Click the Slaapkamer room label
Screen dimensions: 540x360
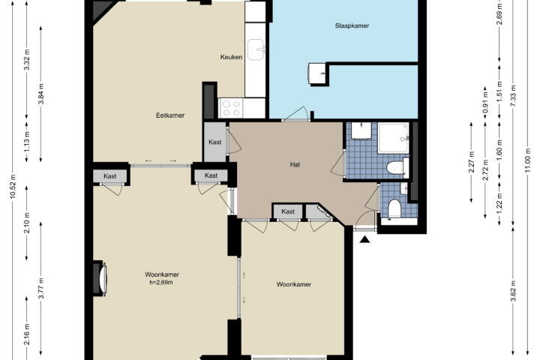click(x=352, y=25)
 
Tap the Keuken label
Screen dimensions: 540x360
click(x=231, y=57)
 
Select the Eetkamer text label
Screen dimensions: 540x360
click(x=170, y=115)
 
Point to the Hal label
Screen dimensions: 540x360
click(x=295, y=165)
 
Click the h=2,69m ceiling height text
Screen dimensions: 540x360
click(x=160, y=283)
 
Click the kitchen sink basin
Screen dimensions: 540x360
click(x=256, y=50)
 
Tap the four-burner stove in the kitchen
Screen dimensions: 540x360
click(x=232, y=108)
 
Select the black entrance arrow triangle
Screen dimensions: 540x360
click(x=364, y=239)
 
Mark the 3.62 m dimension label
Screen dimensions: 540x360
click(x=514, y=291)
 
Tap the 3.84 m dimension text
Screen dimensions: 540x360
click(x=41, y=94)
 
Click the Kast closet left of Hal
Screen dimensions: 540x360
click(x=215, y=142)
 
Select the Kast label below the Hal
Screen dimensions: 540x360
click(x=288, y=211)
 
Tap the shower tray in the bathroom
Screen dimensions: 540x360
click(x=393, y=138)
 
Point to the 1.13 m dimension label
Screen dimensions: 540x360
click(x=28, y=141)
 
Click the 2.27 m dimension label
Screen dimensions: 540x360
click(x=472, y=161)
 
